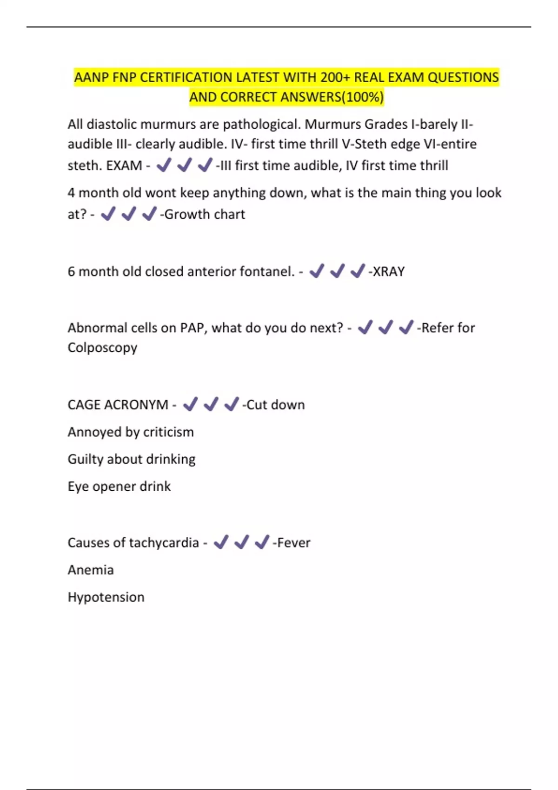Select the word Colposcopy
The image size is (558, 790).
pos(102,348)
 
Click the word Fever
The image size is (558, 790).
pos(294,543)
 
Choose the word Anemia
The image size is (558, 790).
pos(91,570)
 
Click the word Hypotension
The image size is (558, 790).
pos(106,597)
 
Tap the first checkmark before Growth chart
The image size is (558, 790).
pos(108,214)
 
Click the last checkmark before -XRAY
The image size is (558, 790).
pos(358,271)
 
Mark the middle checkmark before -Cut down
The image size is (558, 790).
pos(211,404)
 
